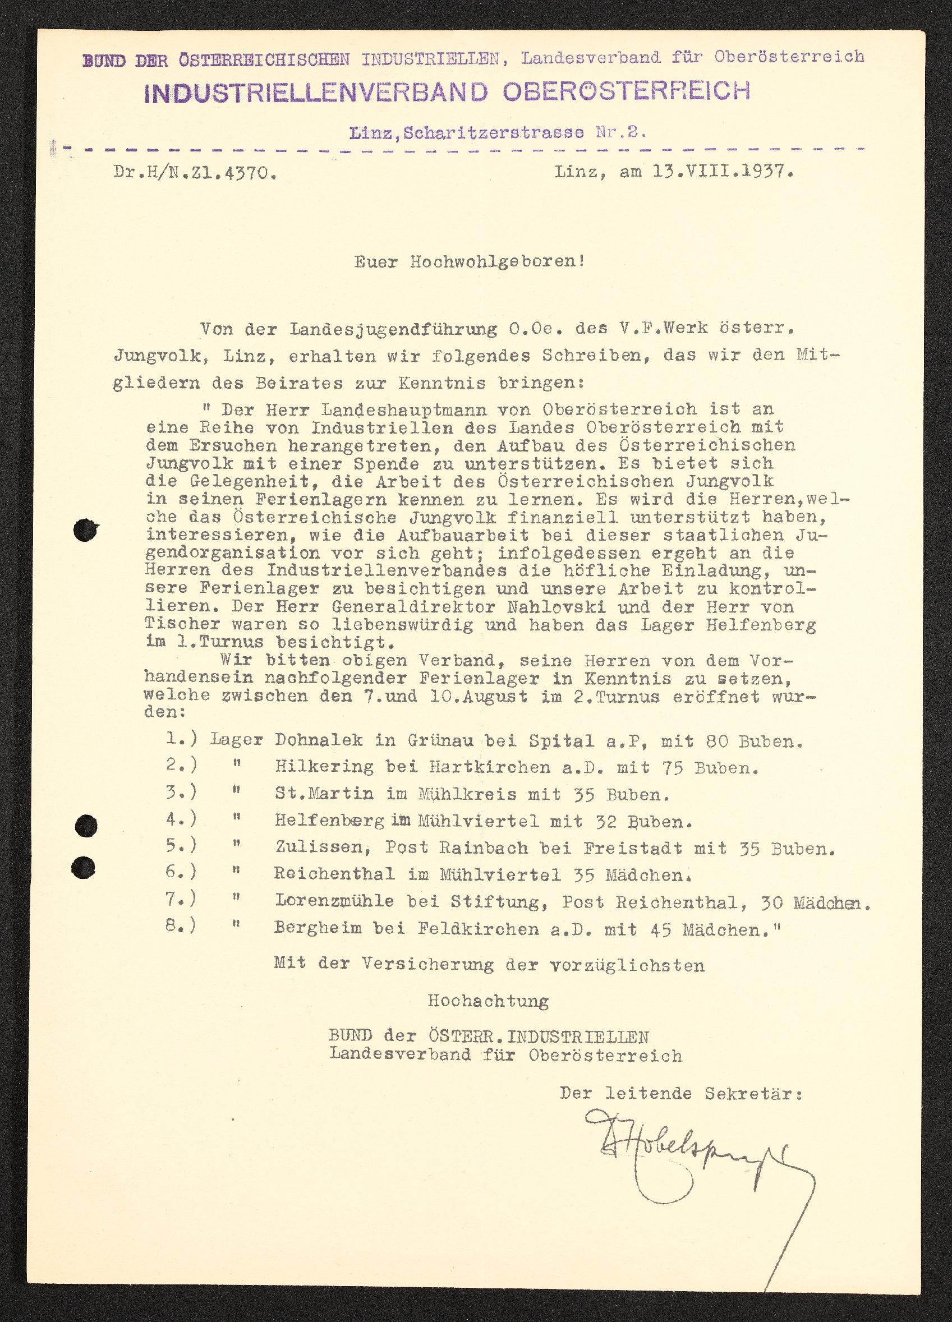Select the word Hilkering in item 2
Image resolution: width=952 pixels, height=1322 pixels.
(324, 768)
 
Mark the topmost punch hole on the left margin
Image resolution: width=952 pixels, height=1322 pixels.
(86, 531)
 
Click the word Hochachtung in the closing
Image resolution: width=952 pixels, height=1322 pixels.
(488, 1001)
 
